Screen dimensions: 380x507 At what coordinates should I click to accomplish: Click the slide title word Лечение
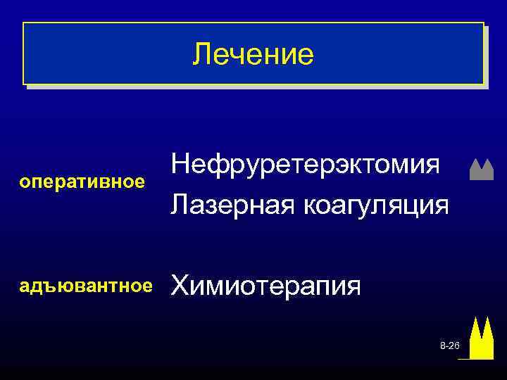pos(254,54)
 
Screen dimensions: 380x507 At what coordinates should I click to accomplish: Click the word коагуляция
pos(375,205)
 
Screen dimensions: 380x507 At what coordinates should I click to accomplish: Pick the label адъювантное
pos(86,286)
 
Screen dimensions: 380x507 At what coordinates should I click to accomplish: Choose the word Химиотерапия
pos(267,286)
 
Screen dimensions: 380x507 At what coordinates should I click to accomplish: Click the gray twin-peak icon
pos(481,170)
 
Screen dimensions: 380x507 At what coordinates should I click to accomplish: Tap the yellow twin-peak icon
pos(482,338)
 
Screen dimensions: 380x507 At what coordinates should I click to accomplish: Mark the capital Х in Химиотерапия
pos(181,286)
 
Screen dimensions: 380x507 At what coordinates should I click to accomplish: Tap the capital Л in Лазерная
pos(180,205)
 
